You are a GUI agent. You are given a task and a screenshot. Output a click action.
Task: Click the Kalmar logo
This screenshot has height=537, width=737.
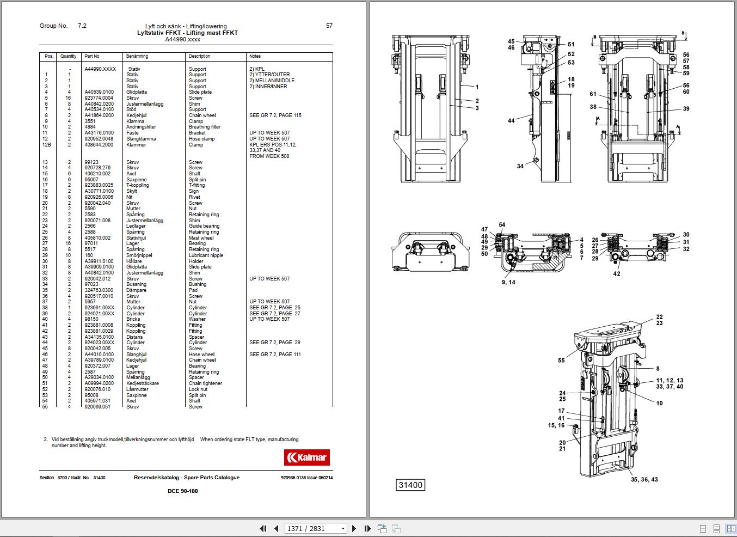pos(306,457)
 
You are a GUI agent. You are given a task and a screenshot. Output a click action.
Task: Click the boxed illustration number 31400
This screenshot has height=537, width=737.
pos(410,485)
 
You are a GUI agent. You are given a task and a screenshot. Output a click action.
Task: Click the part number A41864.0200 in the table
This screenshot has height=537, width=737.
pos(99,115)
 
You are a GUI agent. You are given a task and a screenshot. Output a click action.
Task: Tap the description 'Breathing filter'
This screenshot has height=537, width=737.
pos(205,127)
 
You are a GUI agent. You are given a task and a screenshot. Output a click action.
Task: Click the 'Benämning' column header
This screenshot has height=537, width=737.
pos(137,56)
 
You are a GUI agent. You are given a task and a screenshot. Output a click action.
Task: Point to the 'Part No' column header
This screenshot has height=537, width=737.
pos(92,56)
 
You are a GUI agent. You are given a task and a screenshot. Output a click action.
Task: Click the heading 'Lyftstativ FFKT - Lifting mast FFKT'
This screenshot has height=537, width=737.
pos(187,33)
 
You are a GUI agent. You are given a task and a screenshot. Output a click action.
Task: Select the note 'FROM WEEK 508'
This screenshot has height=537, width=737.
pos(269,156)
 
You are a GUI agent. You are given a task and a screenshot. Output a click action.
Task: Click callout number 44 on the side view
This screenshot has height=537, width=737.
pos(511,121)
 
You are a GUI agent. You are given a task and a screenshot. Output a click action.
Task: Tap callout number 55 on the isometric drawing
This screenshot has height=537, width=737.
pos(561,361)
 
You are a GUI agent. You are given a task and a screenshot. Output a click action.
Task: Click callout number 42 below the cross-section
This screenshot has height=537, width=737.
pos(617,274)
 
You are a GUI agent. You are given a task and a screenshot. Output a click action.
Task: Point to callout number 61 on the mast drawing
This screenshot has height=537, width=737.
pos(593,94)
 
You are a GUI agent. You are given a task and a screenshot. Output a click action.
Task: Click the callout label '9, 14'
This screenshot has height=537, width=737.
pos(509,282)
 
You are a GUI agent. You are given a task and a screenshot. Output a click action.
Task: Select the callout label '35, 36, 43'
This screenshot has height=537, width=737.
pos(644,479)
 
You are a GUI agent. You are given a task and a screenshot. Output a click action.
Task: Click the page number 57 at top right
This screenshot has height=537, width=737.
pos(329,26)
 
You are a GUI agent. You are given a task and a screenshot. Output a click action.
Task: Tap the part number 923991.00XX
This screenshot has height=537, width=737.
pos(100,308)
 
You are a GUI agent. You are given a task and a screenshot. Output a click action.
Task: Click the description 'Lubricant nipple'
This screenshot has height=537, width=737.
pos(206,255)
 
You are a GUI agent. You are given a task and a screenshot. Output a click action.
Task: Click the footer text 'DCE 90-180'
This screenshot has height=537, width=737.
pos(183,491)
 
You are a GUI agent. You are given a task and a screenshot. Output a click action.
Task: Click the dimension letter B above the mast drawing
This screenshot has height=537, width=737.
pos(595,37)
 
